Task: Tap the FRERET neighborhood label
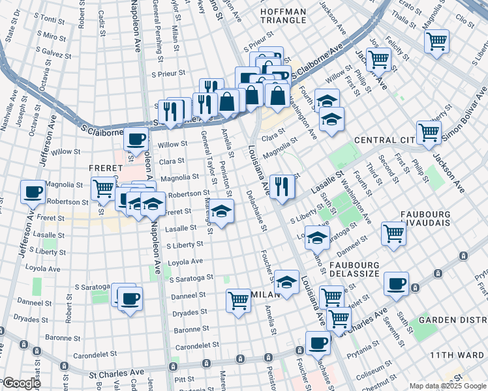click(102, 167)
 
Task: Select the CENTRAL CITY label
click(384, 140)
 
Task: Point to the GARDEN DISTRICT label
click(453, 319)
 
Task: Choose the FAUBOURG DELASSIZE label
click(363, 271)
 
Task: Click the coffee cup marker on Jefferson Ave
click(33, 192)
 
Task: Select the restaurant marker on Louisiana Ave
click(282, 187)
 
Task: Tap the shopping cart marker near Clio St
click(436, 41)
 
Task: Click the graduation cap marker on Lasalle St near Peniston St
click(222, 212)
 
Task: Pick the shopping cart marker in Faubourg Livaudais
click(394, 233)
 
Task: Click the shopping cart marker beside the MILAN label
click(238, 300)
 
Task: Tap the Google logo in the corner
click(21, 383)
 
